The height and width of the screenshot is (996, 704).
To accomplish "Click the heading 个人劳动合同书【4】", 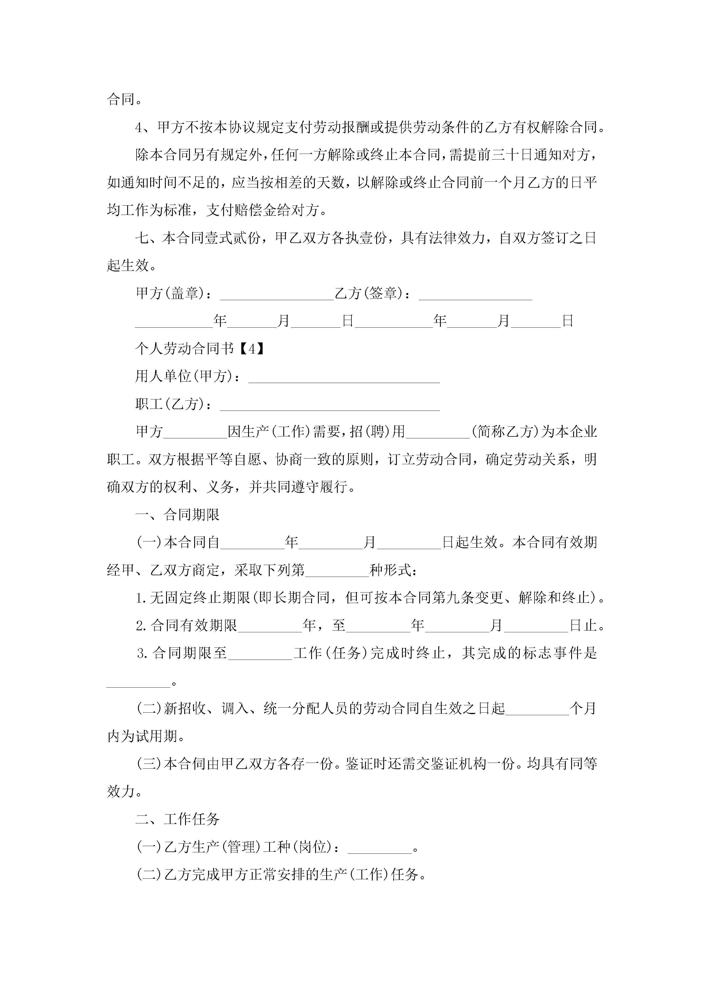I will [200, 348].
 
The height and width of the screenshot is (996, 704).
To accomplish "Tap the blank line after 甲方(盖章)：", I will [277, 294].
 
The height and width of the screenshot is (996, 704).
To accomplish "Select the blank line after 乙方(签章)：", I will [475, 294].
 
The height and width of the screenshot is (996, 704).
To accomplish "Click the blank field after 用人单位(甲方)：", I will [344, 377].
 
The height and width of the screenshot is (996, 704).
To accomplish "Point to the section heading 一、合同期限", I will [177, 515].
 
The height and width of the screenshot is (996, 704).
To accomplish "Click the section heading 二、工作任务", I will [177, 819].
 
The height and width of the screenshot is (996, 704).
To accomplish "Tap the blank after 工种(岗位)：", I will [380, 847].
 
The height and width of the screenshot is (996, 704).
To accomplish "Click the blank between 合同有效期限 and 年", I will [270, 626].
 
